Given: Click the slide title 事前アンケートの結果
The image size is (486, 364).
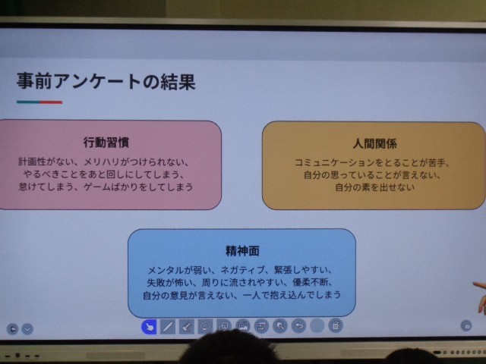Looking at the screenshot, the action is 106,82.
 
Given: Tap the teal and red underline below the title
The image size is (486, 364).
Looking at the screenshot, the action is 39,102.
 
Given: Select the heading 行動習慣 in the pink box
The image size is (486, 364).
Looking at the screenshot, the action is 106,143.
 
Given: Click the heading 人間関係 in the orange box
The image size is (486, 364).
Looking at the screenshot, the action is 374,143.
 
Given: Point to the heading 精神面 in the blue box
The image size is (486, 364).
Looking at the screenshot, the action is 242,251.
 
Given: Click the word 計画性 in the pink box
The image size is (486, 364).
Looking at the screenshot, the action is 32,162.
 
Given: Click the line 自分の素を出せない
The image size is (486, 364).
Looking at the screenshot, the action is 374,187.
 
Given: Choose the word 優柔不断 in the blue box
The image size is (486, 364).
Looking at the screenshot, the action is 311,283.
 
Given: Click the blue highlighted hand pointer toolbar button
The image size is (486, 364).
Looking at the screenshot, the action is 149,327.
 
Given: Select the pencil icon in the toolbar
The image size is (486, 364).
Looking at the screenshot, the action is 168,327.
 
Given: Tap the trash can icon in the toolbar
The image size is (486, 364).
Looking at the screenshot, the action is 336,325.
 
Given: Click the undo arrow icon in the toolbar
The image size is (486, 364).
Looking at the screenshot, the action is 298,326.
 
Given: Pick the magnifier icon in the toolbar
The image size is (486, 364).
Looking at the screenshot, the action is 280,326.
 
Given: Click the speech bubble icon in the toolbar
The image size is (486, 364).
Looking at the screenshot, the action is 205,326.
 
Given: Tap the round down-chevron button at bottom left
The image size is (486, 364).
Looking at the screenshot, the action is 27,328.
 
